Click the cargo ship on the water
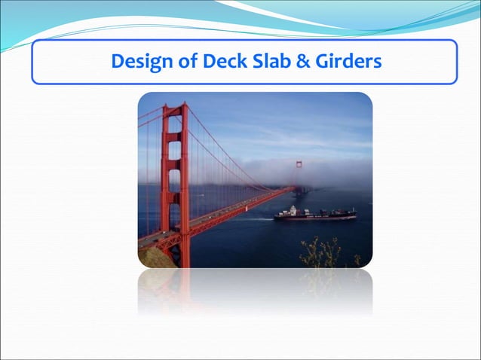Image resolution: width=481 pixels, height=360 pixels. pos(314,215)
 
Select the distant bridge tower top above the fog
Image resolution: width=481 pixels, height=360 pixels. pos(299,163)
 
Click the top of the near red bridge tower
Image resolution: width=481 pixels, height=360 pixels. pos(175,107)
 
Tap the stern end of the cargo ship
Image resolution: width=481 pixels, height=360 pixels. pos(278,215)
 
